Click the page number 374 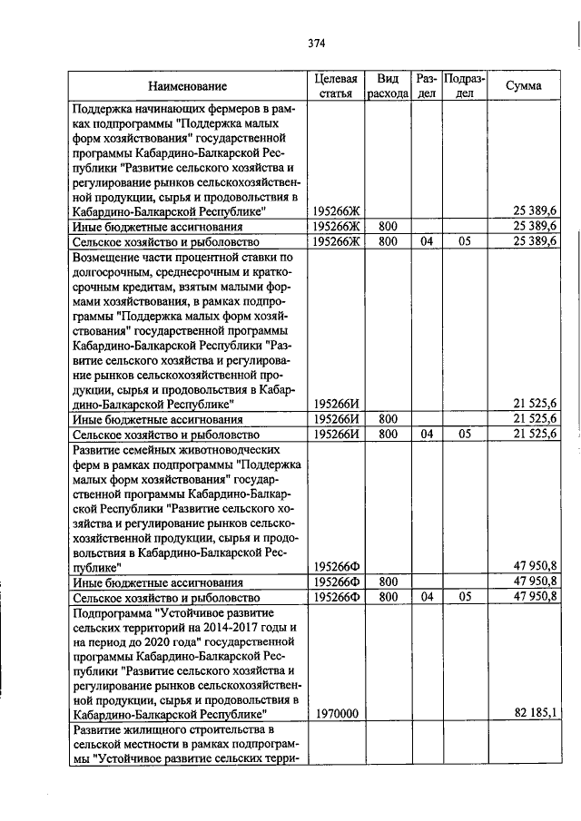coord(316,43)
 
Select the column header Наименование coord(188,86)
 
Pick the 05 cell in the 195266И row coord(465,435)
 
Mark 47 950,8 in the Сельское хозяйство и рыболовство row coord(536,597)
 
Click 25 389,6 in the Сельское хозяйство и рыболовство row coord(536,241)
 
